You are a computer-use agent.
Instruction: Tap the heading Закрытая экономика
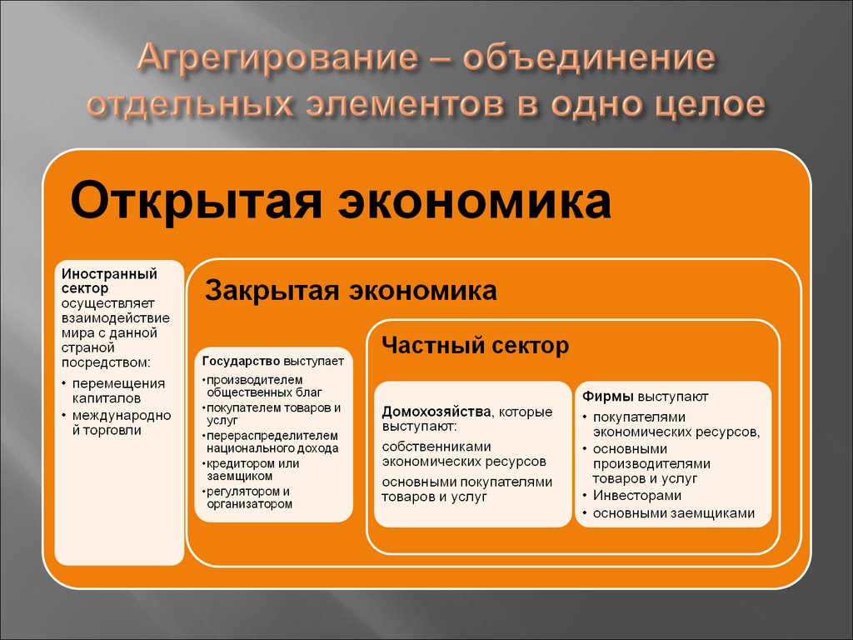pyautogui.click(x=351, y=291)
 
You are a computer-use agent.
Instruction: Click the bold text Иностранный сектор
pyautogui.click(x=109, y=280)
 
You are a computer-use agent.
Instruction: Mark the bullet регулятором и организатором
pyautogui.click(x=249, y=497)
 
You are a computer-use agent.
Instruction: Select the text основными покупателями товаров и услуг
pyautogui.click(x=466, y=489)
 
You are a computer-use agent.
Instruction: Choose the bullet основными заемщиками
pyautogui.click(x=673, y=513)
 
